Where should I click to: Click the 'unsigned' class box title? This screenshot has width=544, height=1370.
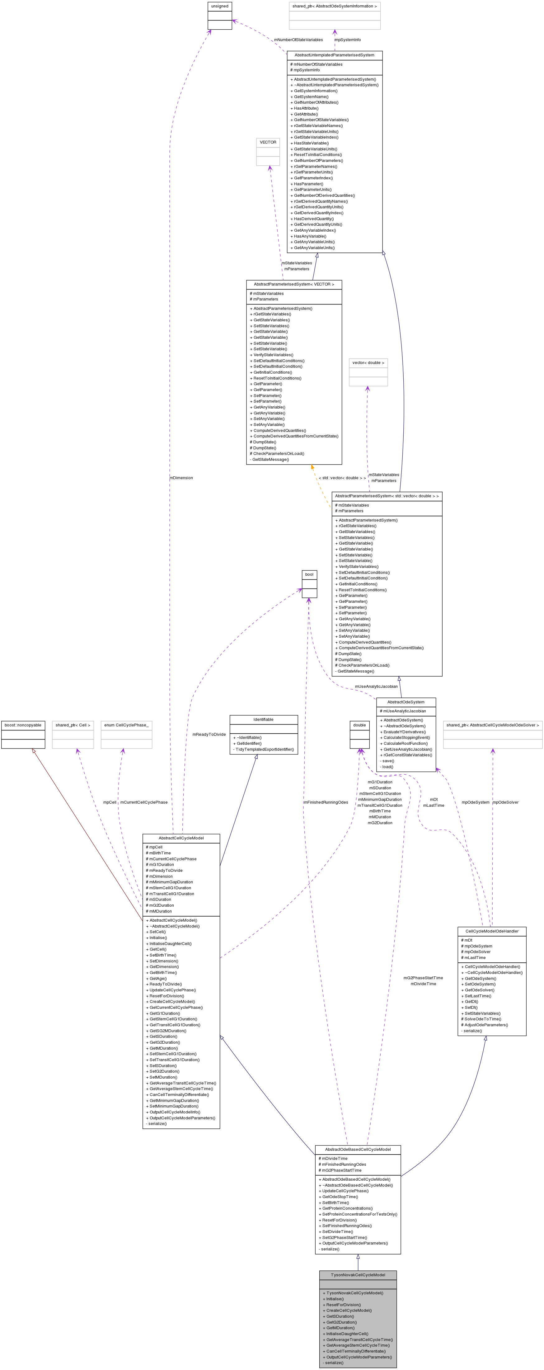coord(220,6)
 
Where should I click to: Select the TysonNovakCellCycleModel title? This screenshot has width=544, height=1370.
coord(358,1275)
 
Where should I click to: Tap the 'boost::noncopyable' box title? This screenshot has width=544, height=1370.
coord(23,725)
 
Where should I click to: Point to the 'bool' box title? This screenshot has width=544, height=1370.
coord(309,574)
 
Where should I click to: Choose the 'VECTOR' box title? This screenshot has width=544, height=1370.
coord(268,142)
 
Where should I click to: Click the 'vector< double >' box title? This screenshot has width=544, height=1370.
coord(368,363)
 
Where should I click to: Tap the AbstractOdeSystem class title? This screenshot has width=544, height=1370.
coord(406,702)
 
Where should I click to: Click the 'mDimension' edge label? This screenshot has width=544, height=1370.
coord(181,478)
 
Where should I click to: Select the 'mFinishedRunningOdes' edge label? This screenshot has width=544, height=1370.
coord(326,802)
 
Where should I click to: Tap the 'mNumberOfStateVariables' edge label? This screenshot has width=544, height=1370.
coord(298,40)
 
